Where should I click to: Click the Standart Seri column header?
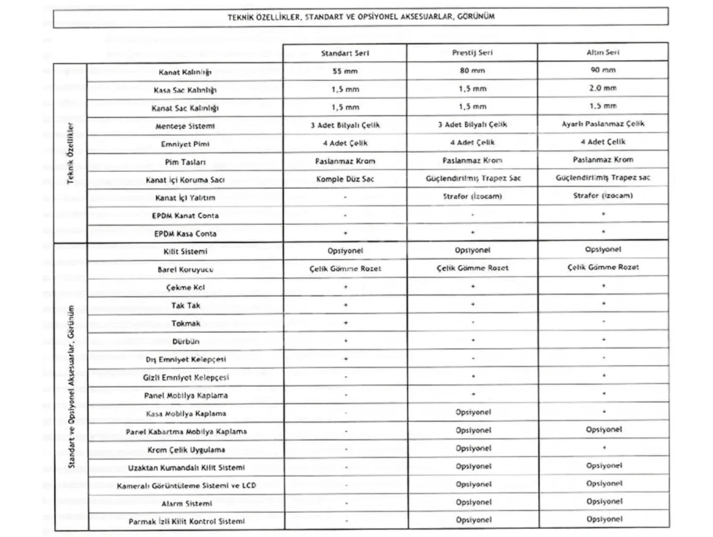click(x=345, y=53)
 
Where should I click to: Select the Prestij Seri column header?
click(x=472, y=52)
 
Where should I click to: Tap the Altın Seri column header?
click(x=603, y=52)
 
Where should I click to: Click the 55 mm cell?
click(x=345, y=71)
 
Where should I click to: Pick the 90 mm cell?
click(x=603, y=70)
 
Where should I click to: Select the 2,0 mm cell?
click(x=603, y=88)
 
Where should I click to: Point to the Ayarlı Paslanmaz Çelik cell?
click(x=603, y=123)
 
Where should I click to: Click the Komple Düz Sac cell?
click(x=345, y=179)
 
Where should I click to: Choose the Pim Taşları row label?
click(x=185, y=162)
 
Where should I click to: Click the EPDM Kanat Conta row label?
click(x=185, y=216)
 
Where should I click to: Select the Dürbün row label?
click(x=186, y=342)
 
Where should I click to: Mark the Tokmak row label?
click(x=186, y=323)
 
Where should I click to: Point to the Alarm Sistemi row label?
click(x=186, y=504)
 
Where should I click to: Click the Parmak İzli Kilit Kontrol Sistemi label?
click(x=186, y=522)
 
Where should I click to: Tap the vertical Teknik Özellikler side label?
click(x=70, y=153)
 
